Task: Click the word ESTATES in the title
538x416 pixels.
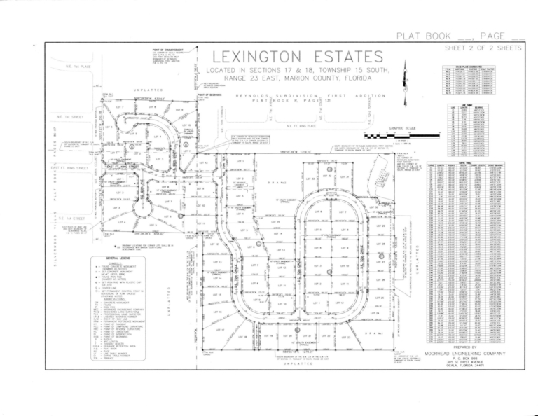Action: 348,57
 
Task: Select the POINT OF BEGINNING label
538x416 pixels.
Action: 210,94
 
